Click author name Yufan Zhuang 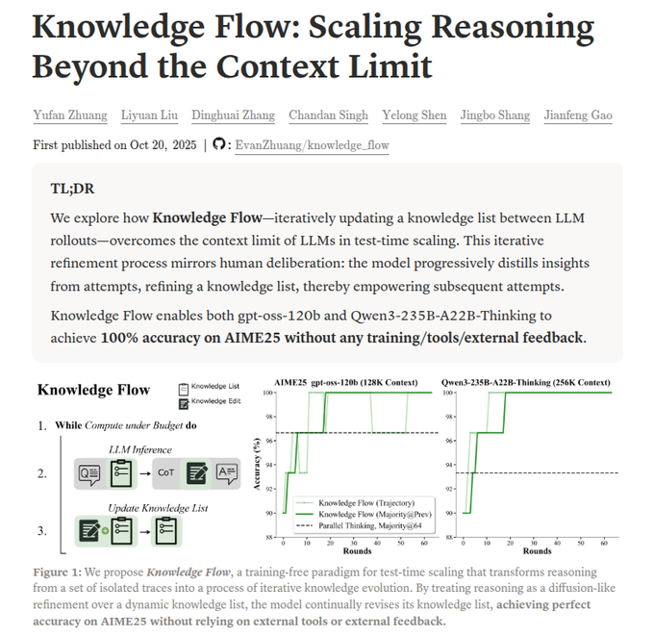pos(69,115)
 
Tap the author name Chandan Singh pos(328,115)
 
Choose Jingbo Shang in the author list pos(494,115)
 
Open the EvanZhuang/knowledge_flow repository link pos(313,144)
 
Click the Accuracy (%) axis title pos(257,463)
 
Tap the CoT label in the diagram pos(165,472)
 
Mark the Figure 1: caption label pos(61,572)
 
